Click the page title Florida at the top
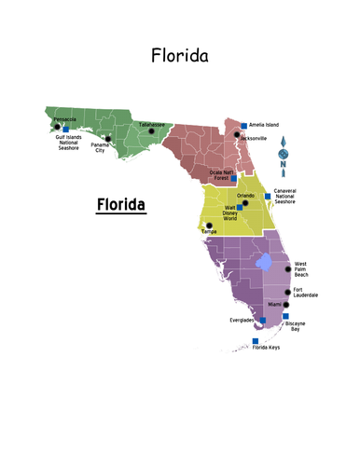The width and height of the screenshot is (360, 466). [x=180, y=56]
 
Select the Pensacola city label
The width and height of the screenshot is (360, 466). [x=65, y=118]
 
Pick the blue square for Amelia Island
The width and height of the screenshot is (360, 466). [x=244, y=126]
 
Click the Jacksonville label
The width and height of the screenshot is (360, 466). [x=254, y=138]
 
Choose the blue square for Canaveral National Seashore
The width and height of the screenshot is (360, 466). [x=268, y=196]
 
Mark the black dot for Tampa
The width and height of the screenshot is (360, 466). [x=208, y=226]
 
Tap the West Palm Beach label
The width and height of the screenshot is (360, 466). [x=308, y=270]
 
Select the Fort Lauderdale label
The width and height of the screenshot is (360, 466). [x=305, y=293]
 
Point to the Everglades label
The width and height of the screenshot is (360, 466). [x=242, y=320]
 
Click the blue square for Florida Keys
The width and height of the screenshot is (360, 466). [x=255, y=341]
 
